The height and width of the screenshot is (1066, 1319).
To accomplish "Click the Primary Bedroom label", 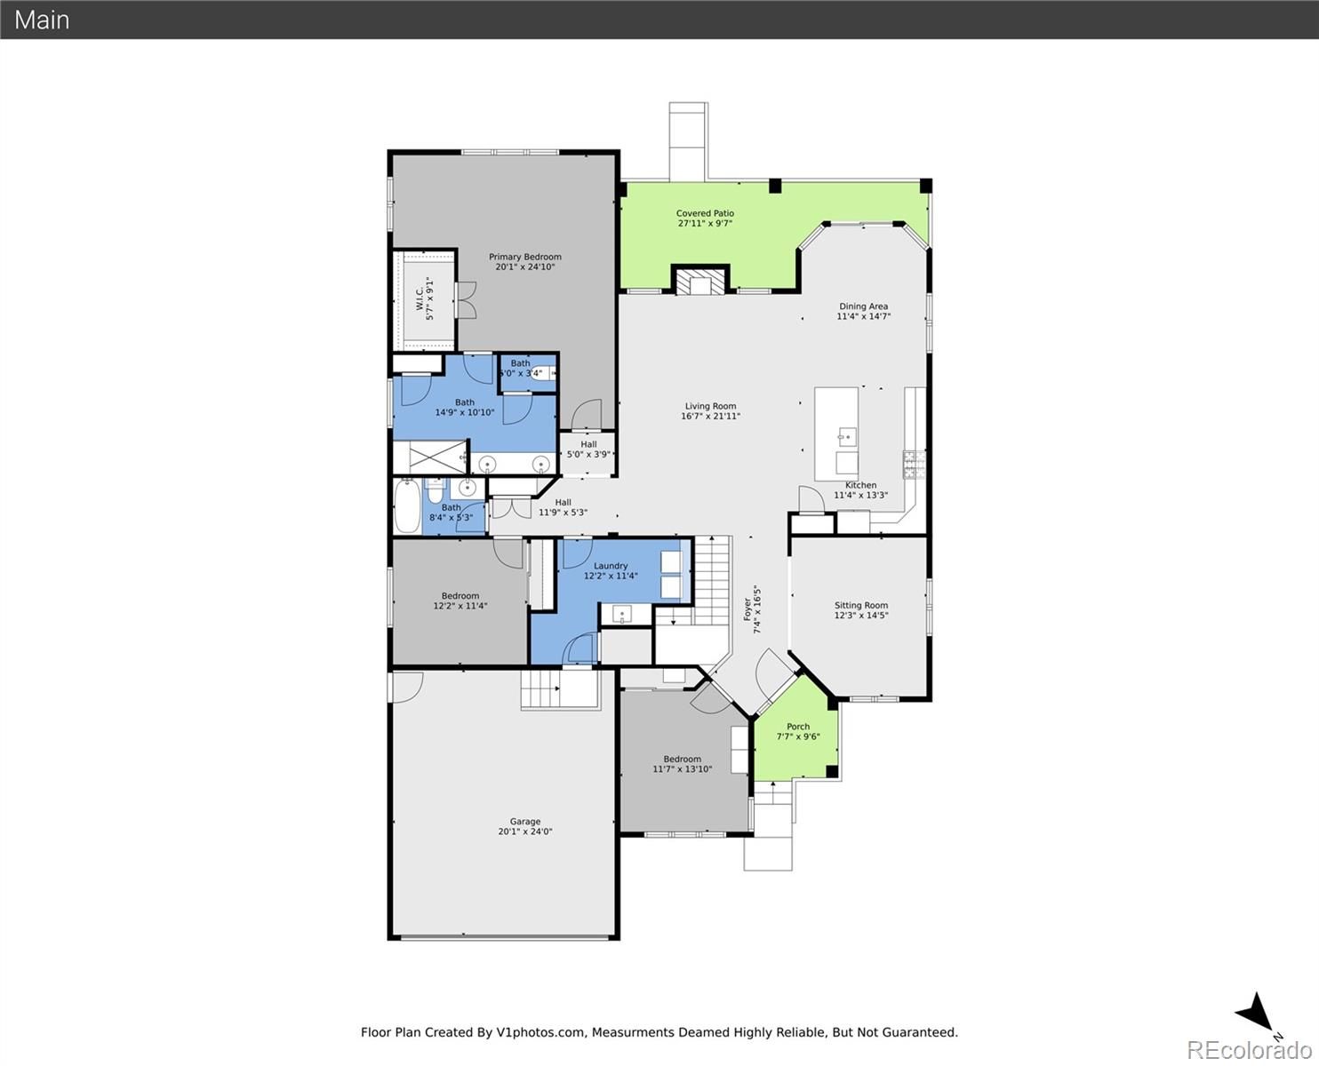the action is pyautogui.click(x=525, y=257).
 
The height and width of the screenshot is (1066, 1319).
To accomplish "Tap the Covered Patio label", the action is pyautogui.click(x=705, y=213).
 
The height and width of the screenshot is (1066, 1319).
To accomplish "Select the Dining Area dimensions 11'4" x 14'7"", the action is pyautogui.click(x=863, y=316).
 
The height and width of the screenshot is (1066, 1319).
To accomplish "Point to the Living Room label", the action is pyautogui.click(x=710, y=406).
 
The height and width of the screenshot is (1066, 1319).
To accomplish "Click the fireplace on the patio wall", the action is pyautogui.click(x=700, y=280).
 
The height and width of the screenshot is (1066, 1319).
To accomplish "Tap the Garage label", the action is pyautogui.click(x=525, y=822).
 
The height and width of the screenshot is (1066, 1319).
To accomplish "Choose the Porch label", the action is pyautogui.click(x=798, y=727).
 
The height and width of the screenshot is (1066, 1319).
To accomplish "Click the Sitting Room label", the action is pyautogui.click(x=860, y=605).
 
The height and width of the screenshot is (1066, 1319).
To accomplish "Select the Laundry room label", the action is pyautogui.click(x=611, y=566).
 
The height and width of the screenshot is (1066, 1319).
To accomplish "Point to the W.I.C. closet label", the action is pyautogui.click(x=420, y=298).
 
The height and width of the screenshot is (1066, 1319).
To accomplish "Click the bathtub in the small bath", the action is pyautogui.click(x=407, y=505).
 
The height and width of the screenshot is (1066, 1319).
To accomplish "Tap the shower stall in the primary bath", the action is pyautogui.click(x=429, y=457).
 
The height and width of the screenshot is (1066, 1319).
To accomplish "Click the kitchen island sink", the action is pyautogui.click(x=847, y=437).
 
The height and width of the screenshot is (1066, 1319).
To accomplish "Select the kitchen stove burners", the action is pyautogui.click(x=914, y=465).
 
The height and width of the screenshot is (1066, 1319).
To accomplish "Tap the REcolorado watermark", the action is pyautogui.click(x=1249, y=1050).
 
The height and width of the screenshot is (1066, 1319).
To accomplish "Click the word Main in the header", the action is pyautogui.click(x=42, y=20).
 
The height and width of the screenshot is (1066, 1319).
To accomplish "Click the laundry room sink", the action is pyautogui.click(x=621, y=615).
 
